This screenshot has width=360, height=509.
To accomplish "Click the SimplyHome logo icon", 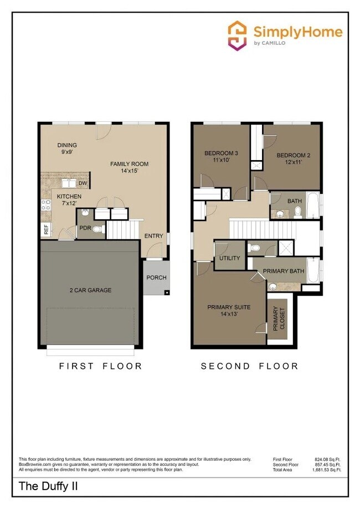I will tap(238, 35).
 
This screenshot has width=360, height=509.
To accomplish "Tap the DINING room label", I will tap(67, 145).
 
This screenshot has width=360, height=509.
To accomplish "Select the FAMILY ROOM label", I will tap(129, 164).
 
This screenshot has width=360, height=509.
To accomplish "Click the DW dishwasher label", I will tap(83, 183).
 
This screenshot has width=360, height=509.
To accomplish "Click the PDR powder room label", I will tap(85, 228).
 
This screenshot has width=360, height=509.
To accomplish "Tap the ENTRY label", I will tap(153, 236).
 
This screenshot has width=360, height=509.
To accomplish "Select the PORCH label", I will tap(156, 278).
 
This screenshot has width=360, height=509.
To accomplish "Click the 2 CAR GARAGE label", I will tap(90, 290).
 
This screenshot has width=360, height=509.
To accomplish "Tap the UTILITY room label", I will tap(229, 259).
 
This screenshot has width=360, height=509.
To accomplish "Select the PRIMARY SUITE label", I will tap(229, 307).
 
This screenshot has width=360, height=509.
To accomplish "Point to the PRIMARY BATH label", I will tap(283, 271).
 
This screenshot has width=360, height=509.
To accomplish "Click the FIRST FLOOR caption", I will tap(101, 366).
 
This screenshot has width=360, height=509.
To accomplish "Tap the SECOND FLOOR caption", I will tap(249, 366).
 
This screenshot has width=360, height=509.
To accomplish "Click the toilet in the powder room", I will tap(97, 229).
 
